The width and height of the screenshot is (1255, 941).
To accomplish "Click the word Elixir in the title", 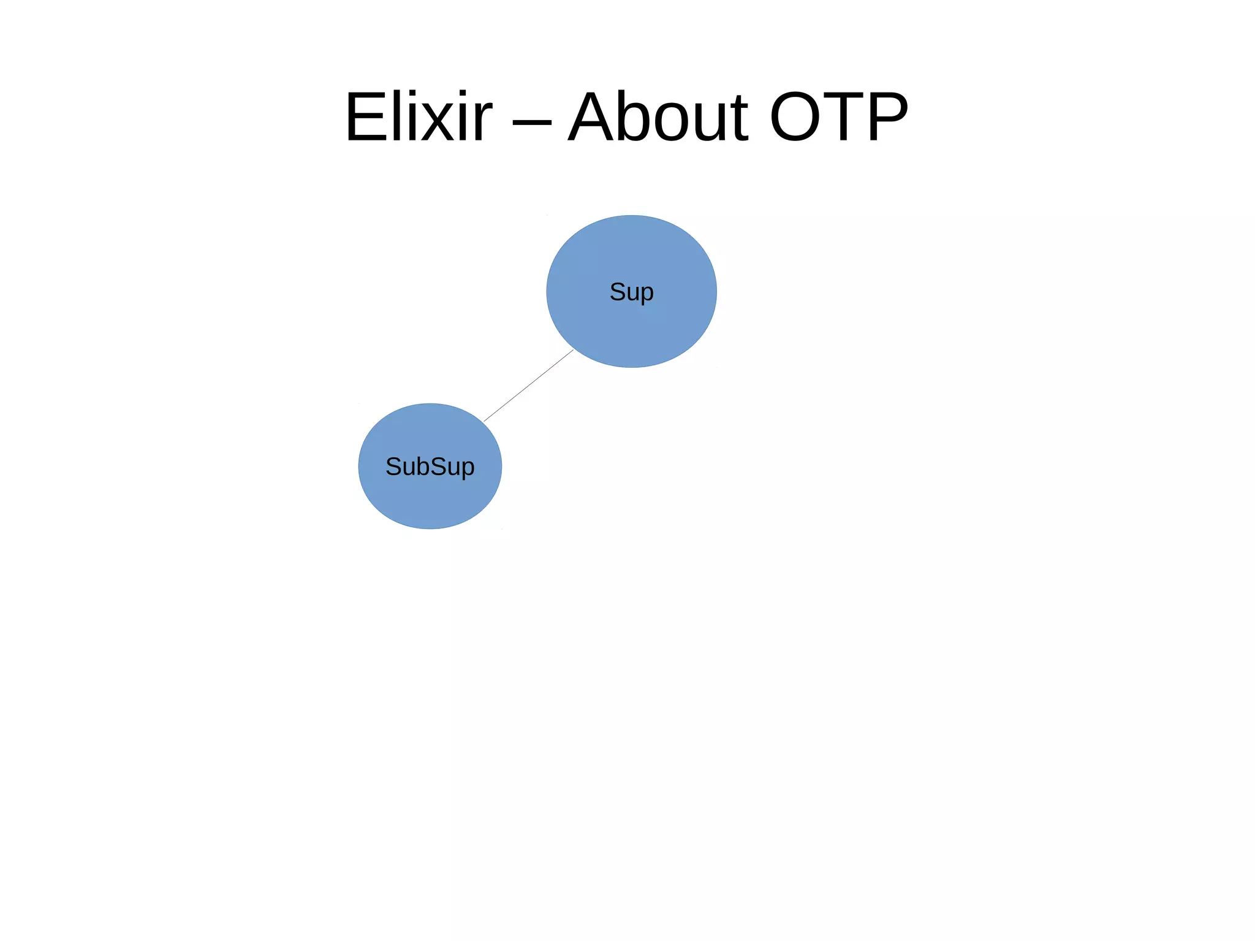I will (x=419, y=117).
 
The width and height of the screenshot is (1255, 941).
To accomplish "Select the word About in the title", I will (x=658, y=117).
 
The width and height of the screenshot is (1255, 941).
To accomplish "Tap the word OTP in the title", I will (x=838, y=117).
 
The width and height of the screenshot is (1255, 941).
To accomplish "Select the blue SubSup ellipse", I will (x=430, y=497).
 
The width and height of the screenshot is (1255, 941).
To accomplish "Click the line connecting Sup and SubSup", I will (x=528, y=386).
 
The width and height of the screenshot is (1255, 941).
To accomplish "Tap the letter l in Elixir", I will (x=396, y=117).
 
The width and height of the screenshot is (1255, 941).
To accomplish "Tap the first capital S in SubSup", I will (x=393, y=467).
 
